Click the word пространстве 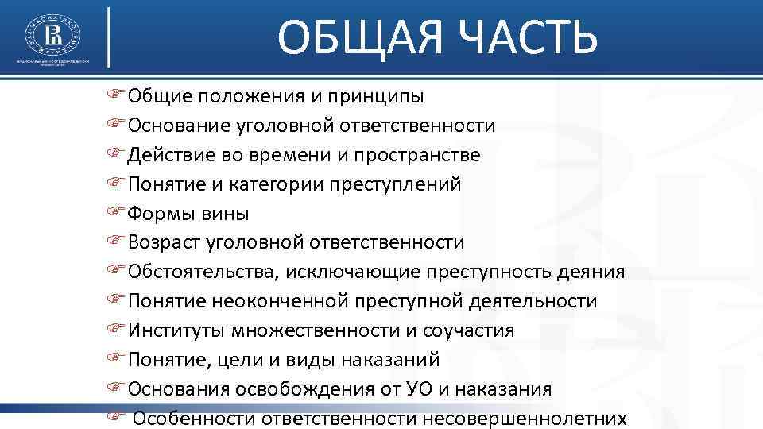point(436,155)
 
